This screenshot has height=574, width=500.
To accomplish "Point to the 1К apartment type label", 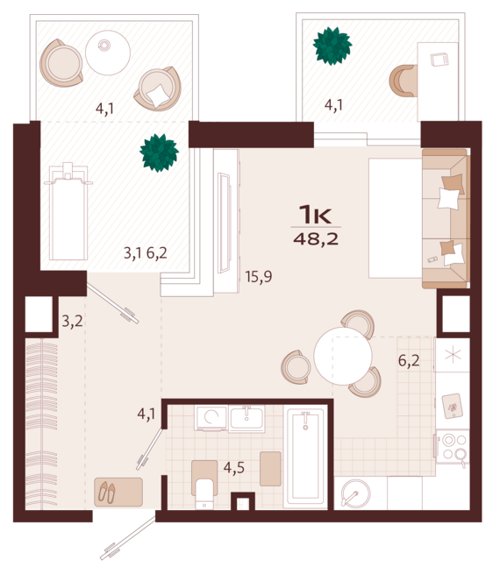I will (x=316, y=214).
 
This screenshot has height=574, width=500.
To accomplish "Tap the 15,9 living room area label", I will (x=259, y=277).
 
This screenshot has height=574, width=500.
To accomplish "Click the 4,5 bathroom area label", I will (x=233, y=467).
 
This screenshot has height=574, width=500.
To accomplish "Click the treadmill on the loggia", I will (x=68, y=210).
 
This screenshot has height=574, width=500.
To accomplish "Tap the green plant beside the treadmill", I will (x=159, y=152).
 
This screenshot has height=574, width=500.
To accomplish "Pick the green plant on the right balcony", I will (x=332, y=46).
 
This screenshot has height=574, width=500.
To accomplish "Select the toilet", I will (x=205, y=493).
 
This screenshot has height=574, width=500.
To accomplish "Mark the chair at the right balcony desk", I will (x=403, y=81).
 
